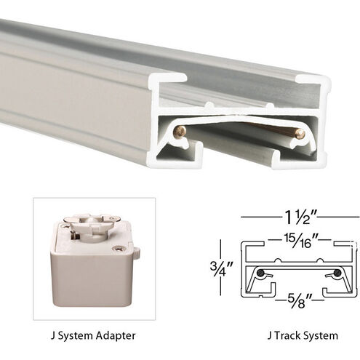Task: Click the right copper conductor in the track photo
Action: pyautogui.click(x=299, y=132)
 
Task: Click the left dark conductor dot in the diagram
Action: pyautogui.click(x=260, y=274)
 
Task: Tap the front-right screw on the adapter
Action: pyautogui.click(x=119, y=249)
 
